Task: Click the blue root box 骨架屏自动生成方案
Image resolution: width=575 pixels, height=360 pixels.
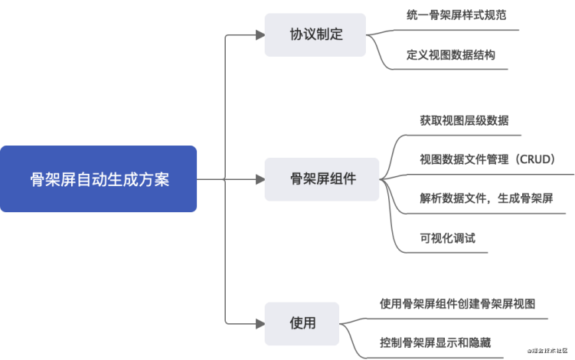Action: [98, 179]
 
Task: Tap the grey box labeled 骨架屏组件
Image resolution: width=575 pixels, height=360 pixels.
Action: [322, 179]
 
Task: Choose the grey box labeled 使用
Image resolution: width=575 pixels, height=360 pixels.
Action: [302, 323]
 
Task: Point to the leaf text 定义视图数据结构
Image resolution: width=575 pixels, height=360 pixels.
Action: [451, 55]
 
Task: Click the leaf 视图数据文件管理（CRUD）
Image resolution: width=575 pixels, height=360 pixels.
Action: [487, 159]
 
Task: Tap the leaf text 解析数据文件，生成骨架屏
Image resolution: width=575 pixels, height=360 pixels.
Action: [486, 198]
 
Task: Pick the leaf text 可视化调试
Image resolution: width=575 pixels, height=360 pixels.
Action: [447, 237]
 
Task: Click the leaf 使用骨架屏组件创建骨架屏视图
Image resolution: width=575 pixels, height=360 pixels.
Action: [462, 303]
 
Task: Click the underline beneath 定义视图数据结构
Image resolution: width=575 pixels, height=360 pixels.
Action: [452, 70]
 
